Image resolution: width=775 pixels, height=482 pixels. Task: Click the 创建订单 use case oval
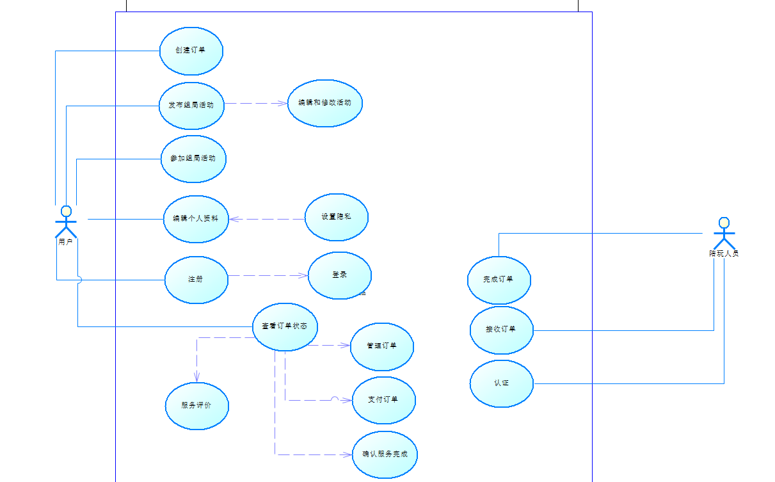coord(191,51)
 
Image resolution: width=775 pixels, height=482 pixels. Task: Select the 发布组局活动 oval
coord(191,106)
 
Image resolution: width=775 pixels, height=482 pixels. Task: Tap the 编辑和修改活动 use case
coord(324,103)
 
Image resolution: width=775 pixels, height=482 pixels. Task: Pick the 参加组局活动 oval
coord(193,159)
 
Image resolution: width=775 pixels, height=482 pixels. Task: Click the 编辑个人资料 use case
coord(196,219)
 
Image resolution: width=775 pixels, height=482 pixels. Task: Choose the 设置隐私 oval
coord(336,217)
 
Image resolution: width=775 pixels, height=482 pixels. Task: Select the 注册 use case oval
coord(196,280)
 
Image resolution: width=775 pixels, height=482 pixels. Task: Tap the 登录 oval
coord(339,275)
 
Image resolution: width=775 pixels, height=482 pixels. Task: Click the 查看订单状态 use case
coord(285,326)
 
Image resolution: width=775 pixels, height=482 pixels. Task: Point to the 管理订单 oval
coord(382,346)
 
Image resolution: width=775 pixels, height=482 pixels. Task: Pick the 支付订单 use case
coord(384,400)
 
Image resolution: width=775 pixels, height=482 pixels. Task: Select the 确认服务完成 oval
coord(385,454)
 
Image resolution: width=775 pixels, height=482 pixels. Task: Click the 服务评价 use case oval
coord(196,406)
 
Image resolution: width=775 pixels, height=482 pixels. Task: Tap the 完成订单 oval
coord(499,280)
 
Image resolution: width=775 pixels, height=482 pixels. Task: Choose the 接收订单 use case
coord(501,330)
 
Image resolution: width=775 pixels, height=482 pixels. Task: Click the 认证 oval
coord(501,383)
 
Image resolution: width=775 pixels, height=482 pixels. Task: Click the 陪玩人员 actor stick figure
coord(724,234)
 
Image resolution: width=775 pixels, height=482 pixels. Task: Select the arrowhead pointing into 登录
coord(305,276)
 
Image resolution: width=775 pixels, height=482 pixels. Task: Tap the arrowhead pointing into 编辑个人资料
coord(234,219)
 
